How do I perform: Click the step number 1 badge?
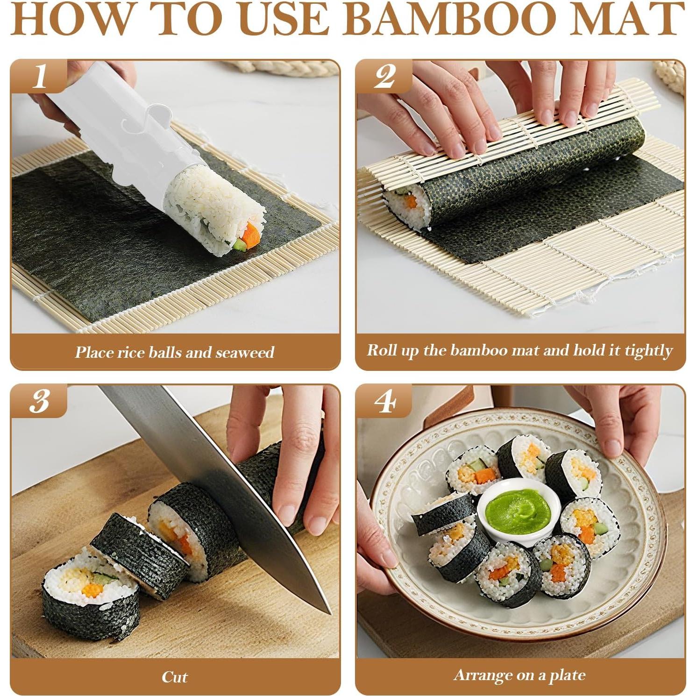point(39,76)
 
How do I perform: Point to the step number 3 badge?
point(39,400)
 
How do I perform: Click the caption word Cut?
point(174,676)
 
